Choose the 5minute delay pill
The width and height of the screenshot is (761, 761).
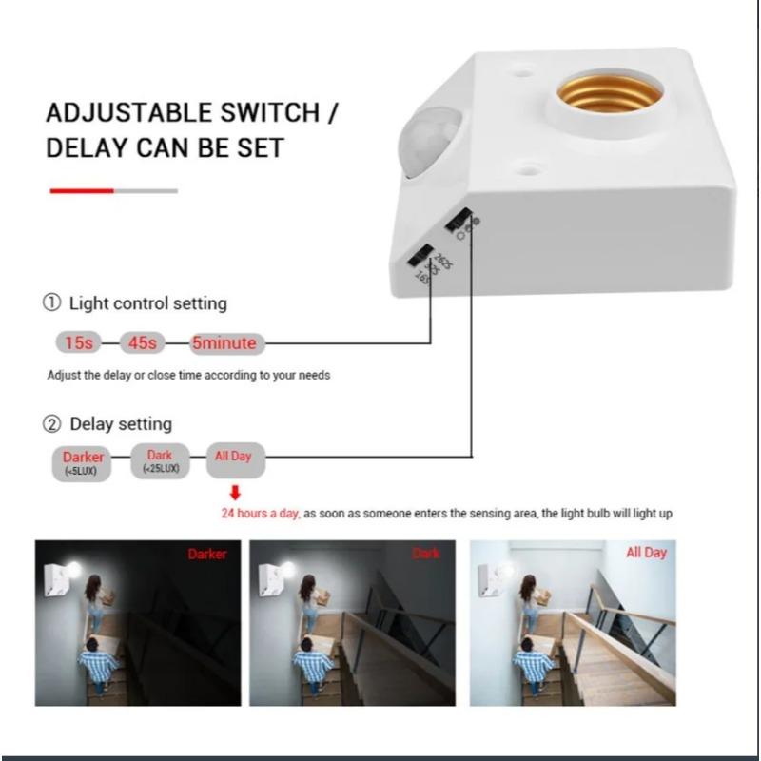(224, 342)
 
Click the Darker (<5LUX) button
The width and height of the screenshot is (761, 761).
(84, 461)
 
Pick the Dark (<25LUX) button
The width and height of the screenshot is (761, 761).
(160, 461)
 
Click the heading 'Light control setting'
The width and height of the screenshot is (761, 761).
(147, 303)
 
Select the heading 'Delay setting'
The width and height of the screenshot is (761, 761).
(120, 423)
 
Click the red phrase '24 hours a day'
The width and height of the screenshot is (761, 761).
(261, 514)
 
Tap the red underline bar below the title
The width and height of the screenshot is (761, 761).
(82, 191)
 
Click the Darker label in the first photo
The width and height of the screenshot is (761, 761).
(207, 554)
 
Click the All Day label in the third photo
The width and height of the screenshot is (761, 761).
(647, 553)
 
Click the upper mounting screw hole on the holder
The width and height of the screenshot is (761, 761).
(522, 69)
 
